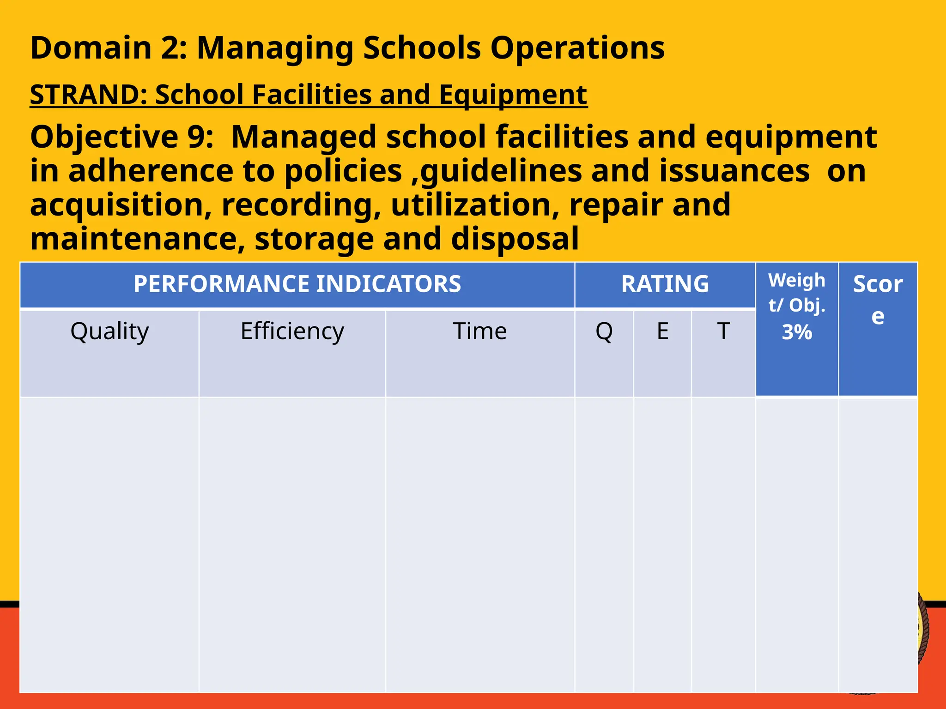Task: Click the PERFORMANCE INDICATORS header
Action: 297,284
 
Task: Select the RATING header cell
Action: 665,284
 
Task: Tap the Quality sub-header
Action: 109,331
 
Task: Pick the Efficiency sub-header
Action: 292,331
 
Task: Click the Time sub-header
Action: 480,331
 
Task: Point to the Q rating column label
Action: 604,331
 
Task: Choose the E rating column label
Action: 662,331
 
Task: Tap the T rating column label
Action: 723,331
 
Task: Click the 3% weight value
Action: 797,332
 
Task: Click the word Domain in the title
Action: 91,48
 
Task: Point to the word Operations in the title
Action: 577,48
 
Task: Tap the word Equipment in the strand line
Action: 513,95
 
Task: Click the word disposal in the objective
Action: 514,239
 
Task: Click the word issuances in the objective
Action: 734,171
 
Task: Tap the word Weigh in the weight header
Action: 796,281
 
